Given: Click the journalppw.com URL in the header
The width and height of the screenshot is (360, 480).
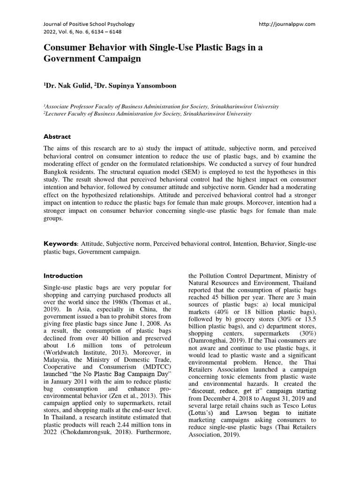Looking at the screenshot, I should point(287,23).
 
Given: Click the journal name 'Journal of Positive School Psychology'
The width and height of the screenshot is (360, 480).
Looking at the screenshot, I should point(89,23).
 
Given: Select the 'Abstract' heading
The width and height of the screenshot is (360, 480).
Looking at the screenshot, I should point(57,137).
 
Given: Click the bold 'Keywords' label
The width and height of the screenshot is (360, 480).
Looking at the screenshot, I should point(60,244).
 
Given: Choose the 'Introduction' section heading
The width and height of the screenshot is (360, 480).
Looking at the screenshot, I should point(63,276).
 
